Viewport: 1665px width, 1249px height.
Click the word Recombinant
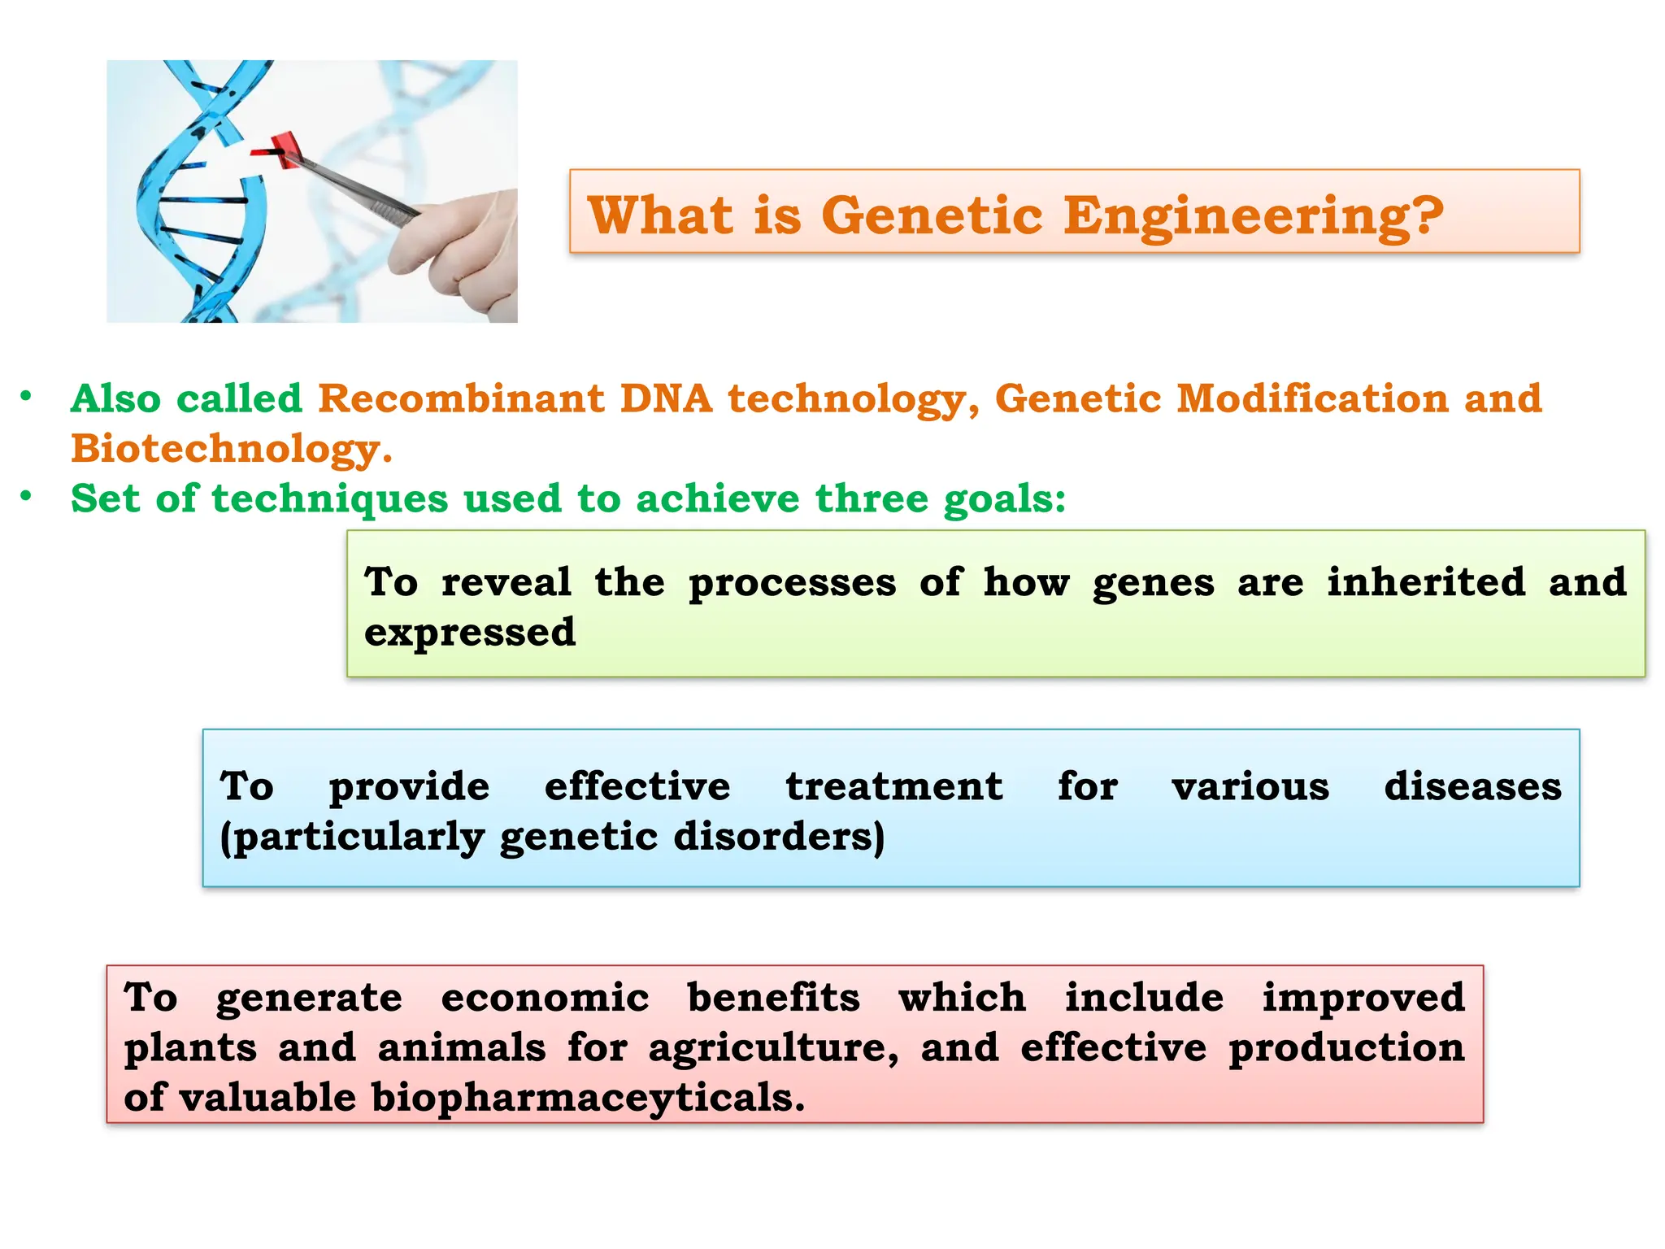coord(460,398)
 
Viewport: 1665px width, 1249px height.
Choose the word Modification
coord(1312,398)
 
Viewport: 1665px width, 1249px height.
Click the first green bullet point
coord(27,397)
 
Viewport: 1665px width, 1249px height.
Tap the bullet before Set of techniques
coord(27,496)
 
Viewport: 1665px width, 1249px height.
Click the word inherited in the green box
coord(1426,582)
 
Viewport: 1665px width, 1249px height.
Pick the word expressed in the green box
coord(470,633)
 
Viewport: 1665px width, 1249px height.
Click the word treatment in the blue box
coord(893,786)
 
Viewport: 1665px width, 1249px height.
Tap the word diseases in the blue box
coord(1472,786)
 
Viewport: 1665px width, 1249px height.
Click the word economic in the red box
coord(545,998)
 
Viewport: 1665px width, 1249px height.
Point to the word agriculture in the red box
coord(773,1048)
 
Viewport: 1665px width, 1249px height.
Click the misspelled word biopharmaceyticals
coord(587,1099)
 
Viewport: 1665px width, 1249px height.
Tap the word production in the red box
coord(1346,1048)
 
